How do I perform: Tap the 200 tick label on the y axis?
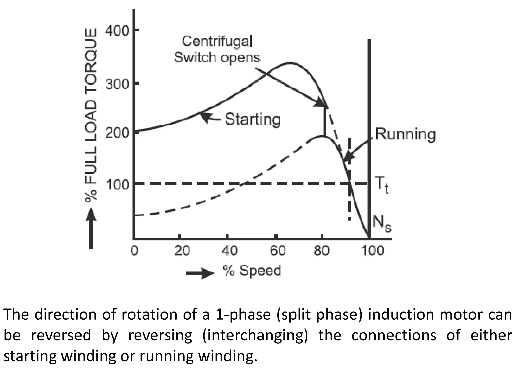tap(117, 133)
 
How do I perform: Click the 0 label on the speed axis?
tap(134, 251)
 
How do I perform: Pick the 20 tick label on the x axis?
tap(182, 251)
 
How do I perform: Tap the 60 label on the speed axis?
tap(278, 251)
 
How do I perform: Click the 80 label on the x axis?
tap(321, 251)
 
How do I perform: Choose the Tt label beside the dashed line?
tap(382, 185)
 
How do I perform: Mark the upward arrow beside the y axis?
tap(91, 229)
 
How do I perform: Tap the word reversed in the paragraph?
tap(61, 335)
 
